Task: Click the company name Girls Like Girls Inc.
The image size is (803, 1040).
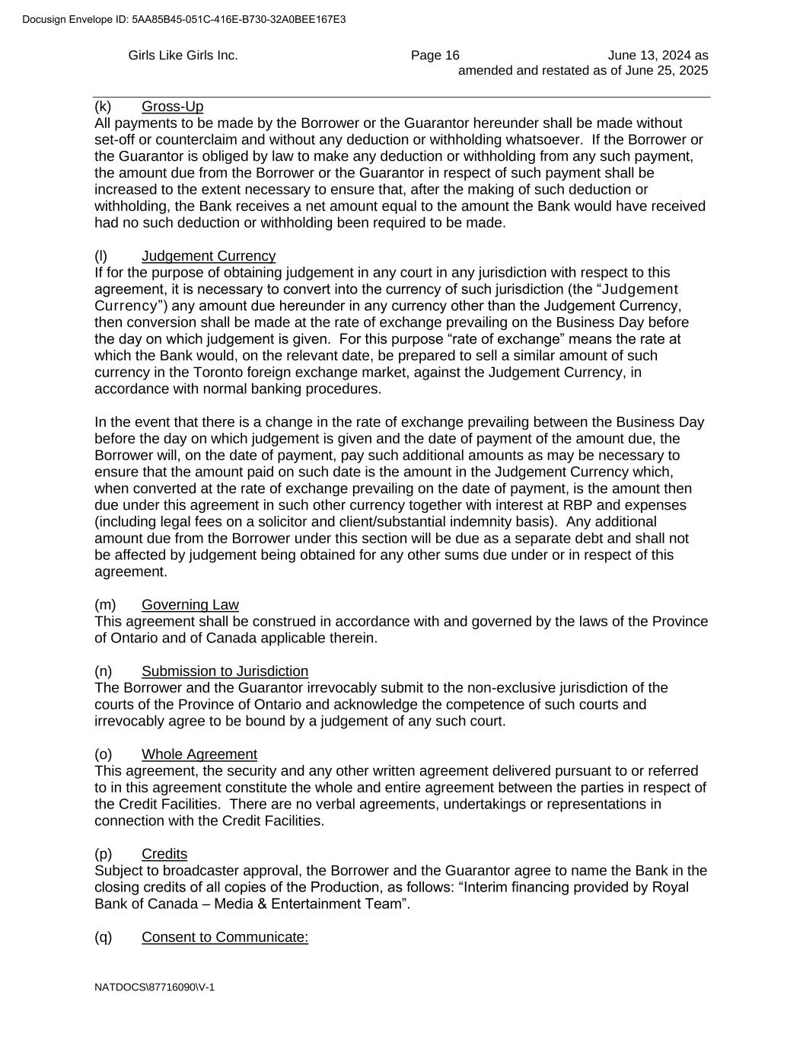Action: (x=183, y=55)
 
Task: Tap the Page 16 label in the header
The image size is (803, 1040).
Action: (x=435, y=55)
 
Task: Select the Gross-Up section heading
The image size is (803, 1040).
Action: (x=172, y=107)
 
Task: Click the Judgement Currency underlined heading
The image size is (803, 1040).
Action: (x=209, y=256)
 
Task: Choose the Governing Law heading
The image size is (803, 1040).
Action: (x=190, y=605)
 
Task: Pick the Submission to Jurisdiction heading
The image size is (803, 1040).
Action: (x=225, y=671)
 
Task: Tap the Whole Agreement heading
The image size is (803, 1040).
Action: (x=199, y=754)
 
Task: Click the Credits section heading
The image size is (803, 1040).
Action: (x=164, y=854)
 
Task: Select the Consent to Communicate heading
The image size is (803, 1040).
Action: (x=225, y=937)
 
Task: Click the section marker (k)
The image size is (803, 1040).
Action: (x=103, y=107)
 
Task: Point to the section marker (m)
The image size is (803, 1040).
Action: (x=105, y=605)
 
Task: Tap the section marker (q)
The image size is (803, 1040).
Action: (x=103, y=937)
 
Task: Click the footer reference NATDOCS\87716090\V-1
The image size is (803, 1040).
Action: (x=155, y=987)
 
